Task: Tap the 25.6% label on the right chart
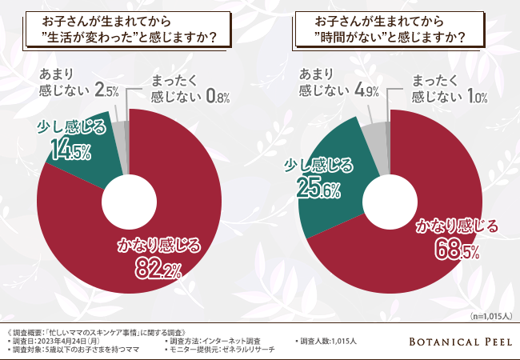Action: (319, 189)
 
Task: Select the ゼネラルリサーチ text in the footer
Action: (248, 350)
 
